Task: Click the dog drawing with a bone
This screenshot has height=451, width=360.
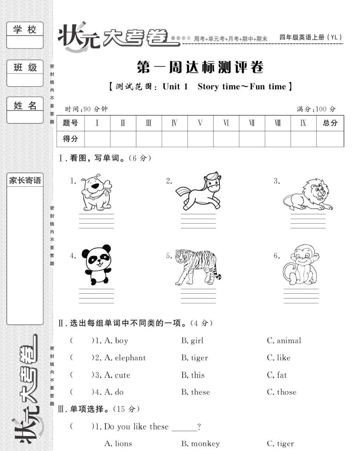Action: (x=96, y=192)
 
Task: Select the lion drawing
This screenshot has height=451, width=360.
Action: (x=308, y=195)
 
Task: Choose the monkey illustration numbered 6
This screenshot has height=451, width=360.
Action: (x=301, y=264)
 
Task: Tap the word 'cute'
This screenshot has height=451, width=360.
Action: (x=122, y=375)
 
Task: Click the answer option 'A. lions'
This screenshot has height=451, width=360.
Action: (x=118, y=444)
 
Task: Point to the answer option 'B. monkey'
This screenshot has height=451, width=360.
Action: (x=201, y=444)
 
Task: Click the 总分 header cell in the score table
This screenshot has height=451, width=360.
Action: (x=330, y=123)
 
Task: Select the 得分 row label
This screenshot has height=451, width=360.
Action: (x=70, y=139)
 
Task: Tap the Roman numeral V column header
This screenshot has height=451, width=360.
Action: (x=200, y=123)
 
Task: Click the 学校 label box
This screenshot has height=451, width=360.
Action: (x=25, y=29)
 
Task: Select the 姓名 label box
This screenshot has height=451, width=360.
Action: (x=25, y=105)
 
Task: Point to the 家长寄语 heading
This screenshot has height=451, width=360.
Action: (x=25, y=180)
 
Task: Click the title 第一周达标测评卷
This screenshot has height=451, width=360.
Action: (x=200, y=67)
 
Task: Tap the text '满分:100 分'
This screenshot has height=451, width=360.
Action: (x=316, y=109)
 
